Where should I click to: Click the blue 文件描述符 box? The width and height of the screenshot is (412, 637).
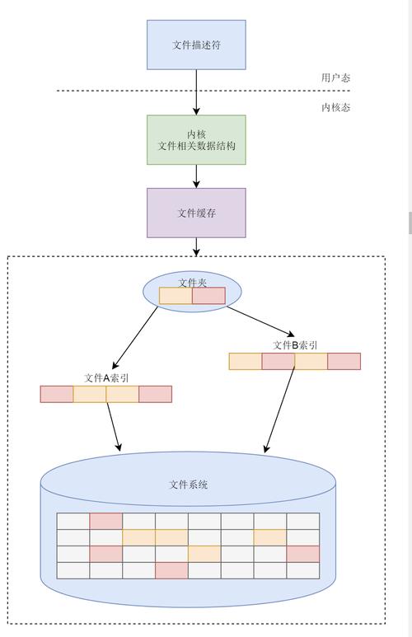[196, 44]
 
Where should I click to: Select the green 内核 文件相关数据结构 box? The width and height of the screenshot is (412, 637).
[196, 140]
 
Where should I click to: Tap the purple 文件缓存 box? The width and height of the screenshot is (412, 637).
[196, 213]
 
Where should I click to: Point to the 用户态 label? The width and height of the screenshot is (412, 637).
[335, 77]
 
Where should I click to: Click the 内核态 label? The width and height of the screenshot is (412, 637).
[335, 107]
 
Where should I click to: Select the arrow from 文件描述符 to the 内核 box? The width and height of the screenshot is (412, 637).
[196, 92]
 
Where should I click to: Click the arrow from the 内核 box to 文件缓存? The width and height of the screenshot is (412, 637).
[196, 176]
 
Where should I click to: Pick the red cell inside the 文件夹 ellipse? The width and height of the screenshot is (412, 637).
[208, 296]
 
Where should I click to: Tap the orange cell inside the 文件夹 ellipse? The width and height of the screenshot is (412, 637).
[176, 296]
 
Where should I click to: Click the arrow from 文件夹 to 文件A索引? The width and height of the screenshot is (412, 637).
[134, 338]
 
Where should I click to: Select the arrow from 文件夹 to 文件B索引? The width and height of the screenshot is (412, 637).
[260, 321]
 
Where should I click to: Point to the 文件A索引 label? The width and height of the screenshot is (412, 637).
[106, 378]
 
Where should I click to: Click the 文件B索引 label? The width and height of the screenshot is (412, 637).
[295, 345]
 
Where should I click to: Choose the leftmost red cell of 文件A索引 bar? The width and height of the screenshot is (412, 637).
[57, 394]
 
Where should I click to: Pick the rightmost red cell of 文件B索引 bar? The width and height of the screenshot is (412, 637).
[344, 361]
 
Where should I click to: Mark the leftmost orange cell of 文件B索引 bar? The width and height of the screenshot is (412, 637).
[246, 361]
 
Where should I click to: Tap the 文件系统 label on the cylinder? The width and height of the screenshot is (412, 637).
[188, 485]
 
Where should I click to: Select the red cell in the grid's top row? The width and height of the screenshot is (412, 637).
[106, 521]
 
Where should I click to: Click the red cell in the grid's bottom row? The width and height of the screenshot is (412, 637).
[171, 570]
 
